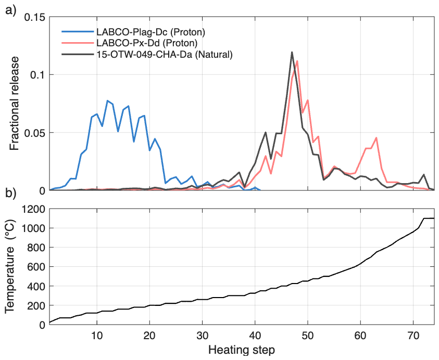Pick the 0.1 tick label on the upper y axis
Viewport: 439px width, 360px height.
click(37, 75)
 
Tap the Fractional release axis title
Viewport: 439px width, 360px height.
click(14, 104)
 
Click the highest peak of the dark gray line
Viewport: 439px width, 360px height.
click(292, 52)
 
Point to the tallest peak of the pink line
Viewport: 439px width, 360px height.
click(297, 61)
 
